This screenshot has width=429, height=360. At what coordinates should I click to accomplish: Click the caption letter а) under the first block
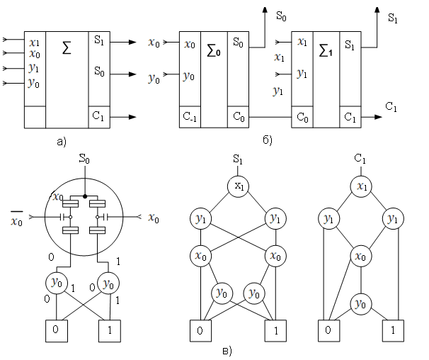click(61, 142)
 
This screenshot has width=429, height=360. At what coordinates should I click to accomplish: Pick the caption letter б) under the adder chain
click(265, 141)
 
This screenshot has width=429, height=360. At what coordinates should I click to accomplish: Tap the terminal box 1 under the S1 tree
click(274, 331)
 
